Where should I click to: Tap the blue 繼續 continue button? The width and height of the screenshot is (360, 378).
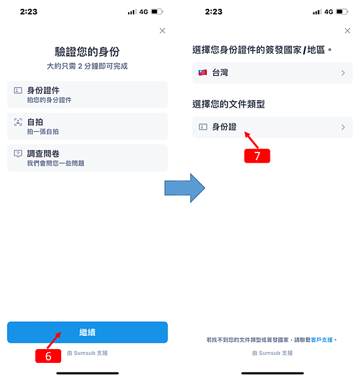88,332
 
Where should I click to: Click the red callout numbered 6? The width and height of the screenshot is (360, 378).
49,356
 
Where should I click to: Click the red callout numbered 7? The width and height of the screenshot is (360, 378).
257,156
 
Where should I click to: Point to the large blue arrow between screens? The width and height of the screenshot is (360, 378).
185,188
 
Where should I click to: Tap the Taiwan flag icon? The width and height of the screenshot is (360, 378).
202,72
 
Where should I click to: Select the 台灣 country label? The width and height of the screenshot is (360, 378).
220,72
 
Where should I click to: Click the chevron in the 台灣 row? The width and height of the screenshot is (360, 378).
343,73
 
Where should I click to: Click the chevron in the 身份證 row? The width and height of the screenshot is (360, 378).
343,127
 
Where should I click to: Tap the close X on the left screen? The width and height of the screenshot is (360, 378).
163,31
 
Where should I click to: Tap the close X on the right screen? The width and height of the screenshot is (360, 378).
347,31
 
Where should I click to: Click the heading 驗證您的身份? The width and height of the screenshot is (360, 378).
88,52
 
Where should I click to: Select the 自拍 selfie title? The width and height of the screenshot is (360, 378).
35,122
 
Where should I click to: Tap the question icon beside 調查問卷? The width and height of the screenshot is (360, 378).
18,154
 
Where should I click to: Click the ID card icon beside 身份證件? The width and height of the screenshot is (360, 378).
18,90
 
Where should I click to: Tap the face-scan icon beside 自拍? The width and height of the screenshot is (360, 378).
18,122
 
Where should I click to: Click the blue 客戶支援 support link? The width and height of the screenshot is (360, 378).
322,340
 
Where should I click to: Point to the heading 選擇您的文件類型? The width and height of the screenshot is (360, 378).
228,104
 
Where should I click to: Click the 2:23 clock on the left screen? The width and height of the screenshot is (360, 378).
29,11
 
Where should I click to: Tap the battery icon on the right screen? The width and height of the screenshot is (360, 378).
342,11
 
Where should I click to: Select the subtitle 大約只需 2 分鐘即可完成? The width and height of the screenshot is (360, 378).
88,66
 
